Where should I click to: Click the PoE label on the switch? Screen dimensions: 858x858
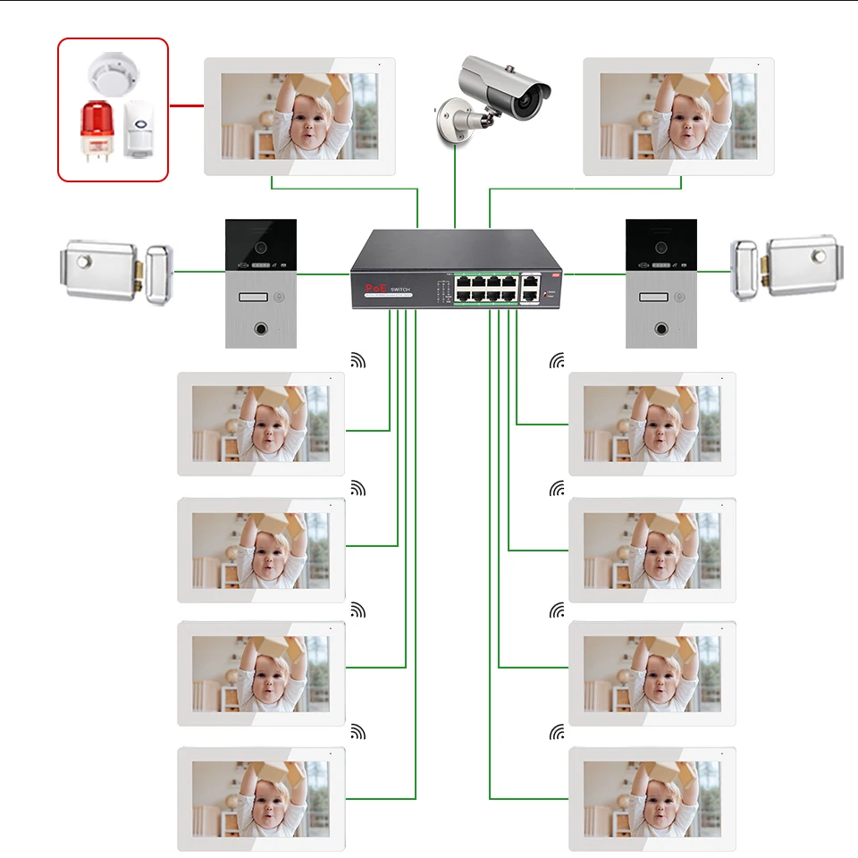click(374, 289)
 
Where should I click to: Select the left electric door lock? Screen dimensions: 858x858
click(115, 270)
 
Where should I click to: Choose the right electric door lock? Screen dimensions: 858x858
click(786, 267)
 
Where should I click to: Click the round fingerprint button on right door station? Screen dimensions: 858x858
click(661, 327)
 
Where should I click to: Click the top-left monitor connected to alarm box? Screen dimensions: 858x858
click(299, 116)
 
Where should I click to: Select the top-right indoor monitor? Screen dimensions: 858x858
click(678, 116)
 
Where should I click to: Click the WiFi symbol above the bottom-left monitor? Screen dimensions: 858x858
click(357, 733)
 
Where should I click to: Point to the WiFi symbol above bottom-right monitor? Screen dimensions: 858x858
click(558, 733)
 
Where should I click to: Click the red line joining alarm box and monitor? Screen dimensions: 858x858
click(186, 105)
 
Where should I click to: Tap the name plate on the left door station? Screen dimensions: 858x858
click(253, 298)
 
